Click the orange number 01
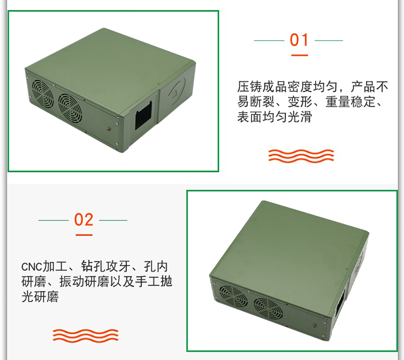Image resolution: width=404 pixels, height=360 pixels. click(299, 40)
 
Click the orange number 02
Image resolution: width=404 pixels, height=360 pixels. click(83, 220)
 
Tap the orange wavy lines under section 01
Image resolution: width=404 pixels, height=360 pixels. click(301, 156)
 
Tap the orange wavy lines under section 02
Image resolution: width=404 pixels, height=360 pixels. click(86, 336)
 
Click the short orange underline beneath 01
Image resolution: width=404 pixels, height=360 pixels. click(299, 55)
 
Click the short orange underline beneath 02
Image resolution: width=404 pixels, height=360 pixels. click(84, 235)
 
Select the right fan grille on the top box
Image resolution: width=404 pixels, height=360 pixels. click(70, 108)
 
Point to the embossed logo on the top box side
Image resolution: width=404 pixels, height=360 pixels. click(178, 89)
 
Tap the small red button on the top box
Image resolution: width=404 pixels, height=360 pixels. click(109, 129)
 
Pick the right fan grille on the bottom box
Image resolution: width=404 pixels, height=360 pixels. click(268, 309)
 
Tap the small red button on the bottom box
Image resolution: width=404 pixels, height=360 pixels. click(315, 326)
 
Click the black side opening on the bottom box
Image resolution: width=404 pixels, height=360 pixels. click(340, 303)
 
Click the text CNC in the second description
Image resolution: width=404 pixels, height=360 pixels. click(32, 267)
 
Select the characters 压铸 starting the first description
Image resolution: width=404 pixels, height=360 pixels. click(249, 87)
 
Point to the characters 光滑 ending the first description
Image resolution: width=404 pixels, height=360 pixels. click(299, 117)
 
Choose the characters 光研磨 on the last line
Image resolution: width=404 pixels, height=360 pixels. click(40, 296)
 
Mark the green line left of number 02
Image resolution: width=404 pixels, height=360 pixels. click(53, 220)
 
